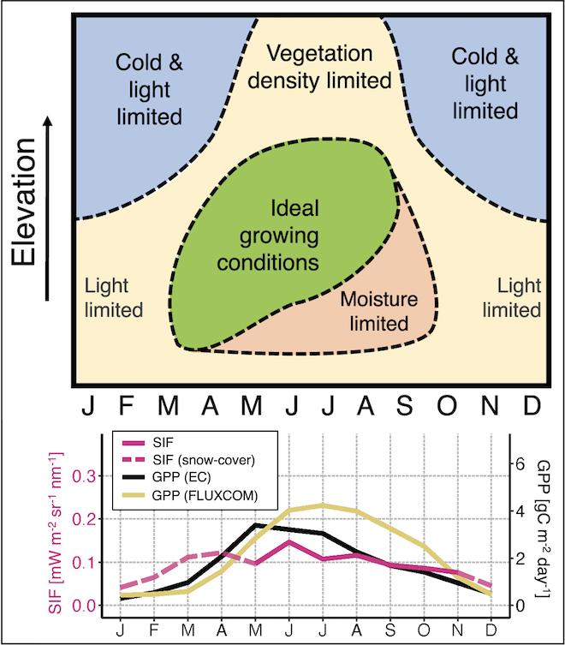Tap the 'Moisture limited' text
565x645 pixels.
[380, 312]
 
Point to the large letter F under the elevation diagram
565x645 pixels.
[126, 405]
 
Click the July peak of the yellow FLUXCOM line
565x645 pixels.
[321, 505]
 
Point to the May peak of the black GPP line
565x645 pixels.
[254, 524]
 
